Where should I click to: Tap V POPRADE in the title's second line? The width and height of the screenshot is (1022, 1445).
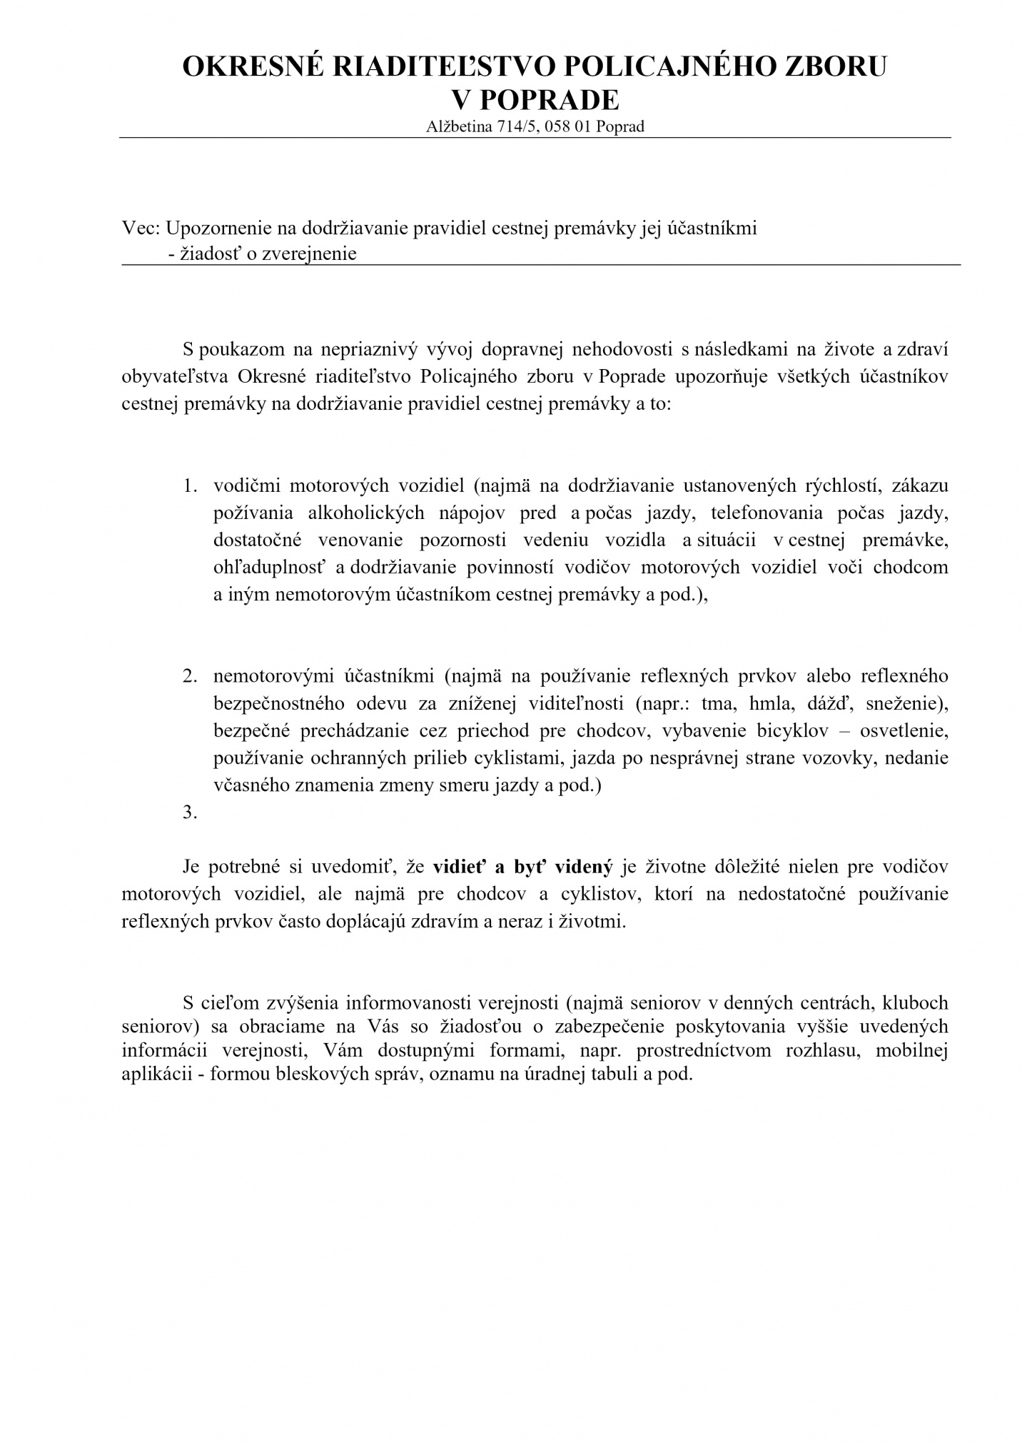tap(535, 100)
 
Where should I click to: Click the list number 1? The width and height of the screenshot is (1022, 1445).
tap(190, 486)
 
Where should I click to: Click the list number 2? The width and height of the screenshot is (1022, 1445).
tap(190, 676)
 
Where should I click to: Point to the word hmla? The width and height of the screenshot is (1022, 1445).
tap(772, 703)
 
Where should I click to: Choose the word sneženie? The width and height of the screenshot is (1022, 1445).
tap(906, 703)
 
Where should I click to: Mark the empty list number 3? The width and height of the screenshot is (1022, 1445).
tap(190, 812)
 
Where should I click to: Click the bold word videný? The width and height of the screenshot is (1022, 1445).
tap(580, 867)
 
